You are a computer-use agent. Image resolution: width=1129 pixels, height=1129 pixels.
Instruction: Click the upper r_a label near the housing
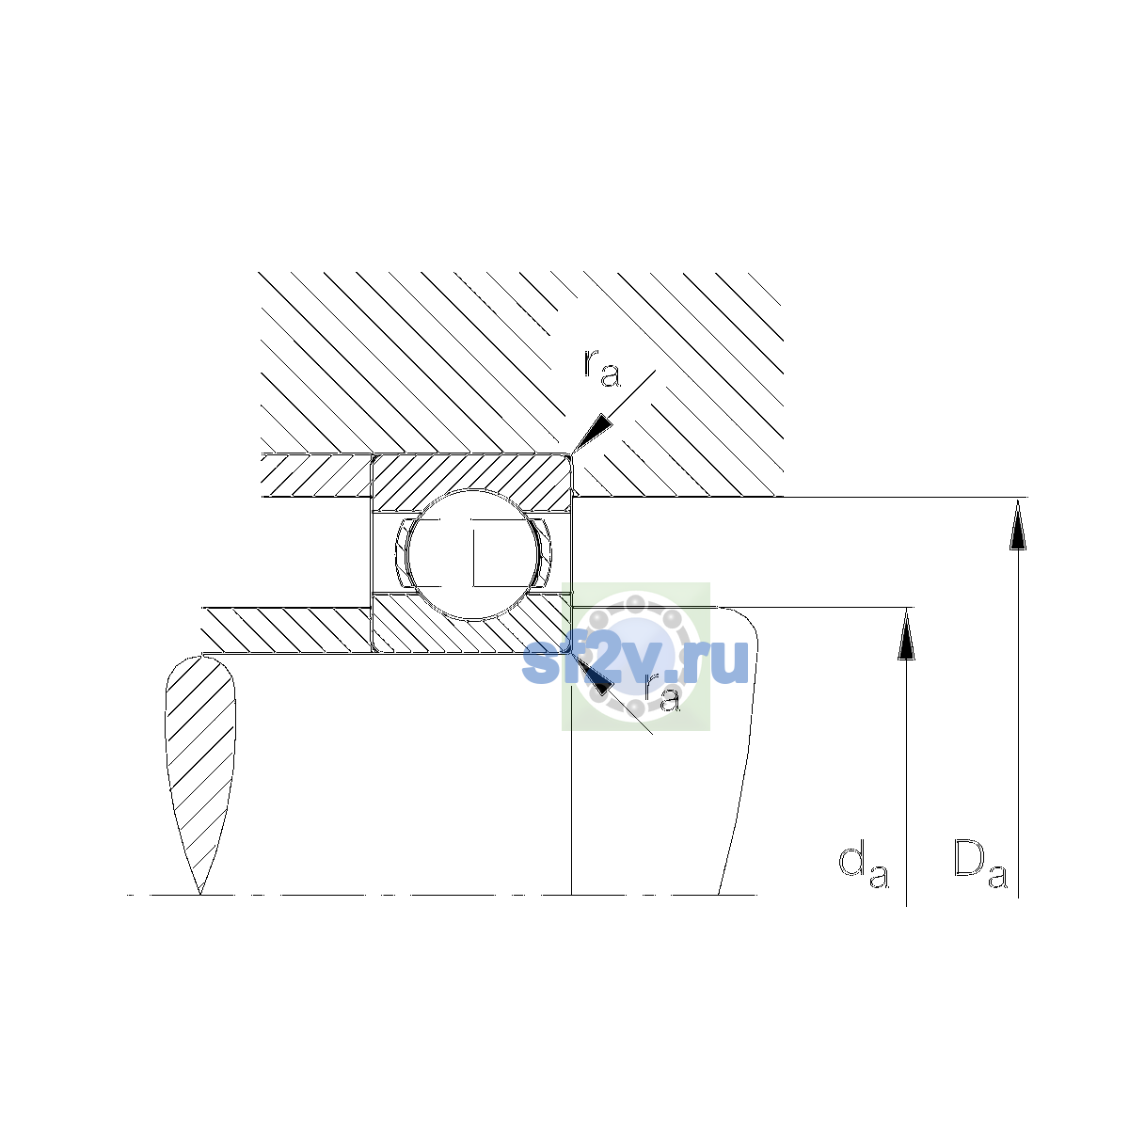click(x=601, y=368)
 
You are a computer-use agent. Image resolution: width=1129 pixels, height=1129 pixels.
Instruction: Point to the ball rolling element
click(x=472, y=553)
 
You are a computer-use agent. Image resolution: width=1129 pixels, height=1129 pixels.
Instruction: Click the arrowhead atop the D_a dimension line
click(x=1018, y=524)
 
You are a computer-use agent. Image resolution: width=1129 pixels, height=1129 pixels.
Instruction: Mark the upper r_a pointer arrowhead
click(x=591, y=433)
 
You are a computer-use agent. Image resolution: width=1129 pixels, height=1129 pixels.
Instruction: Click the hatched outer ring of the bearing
click(x=472, y=473)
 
